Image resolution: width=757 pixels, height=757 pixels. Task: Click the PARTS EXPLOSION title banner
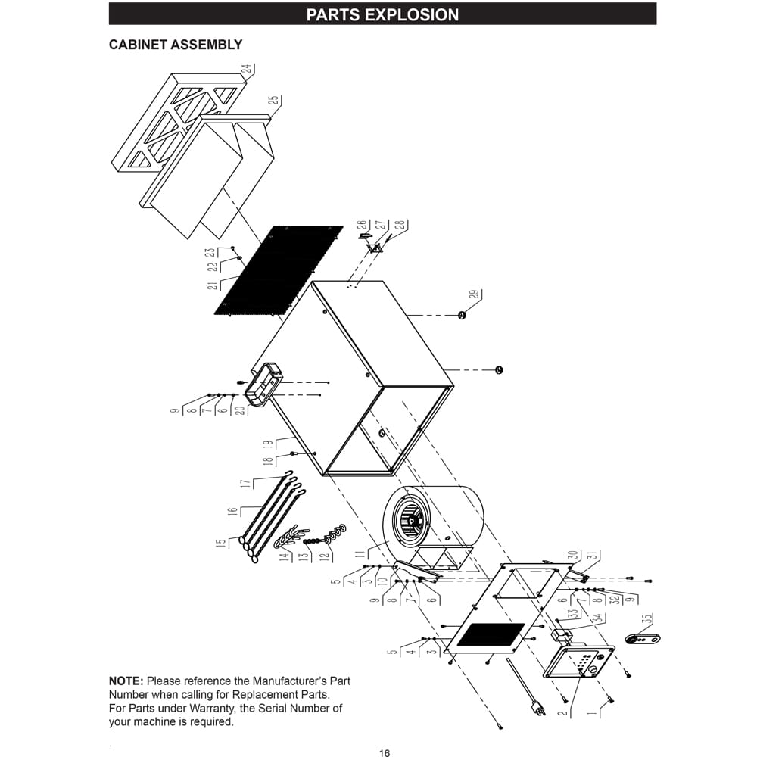click(x=382, y=14)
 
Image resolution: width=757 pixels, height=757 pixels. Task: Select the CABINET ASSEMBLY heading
click(x=176, y=45)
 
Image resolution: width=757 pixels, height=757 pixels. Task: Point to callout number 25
click(x=273, y=101)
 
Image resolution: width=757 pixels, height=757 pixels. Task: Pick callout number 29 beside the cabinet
click(x=475, y=296)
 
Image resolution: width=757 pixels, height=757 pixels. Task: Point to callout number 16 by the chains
click(x=233, y=510)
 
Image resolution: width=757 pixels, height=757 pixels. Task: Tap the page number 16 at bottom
click(x=385, y=752)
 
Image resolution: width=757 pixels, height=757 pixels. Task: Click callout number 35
click(x=646, y=618)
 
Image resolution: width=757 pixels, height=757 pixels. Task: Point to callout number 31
click(x=593, y=554)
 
